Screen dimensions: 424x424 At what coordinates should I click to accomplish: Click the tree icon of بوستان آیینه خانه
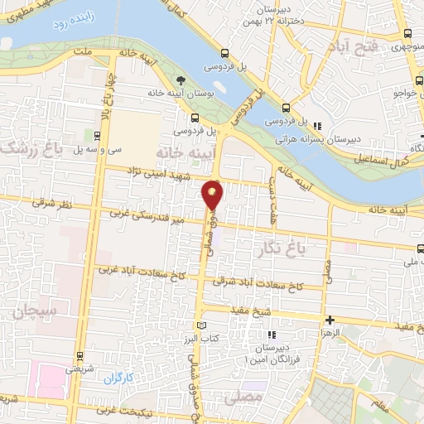[180, 80]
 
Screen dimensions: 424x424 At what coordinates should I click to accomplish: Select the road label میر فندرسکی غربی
[150, 219]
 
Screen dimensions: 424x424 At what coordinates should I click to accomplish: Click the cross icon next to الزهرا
[330, 320]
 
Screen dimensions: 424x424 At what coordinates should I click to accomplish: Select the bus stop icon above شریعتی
[79, 357]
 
